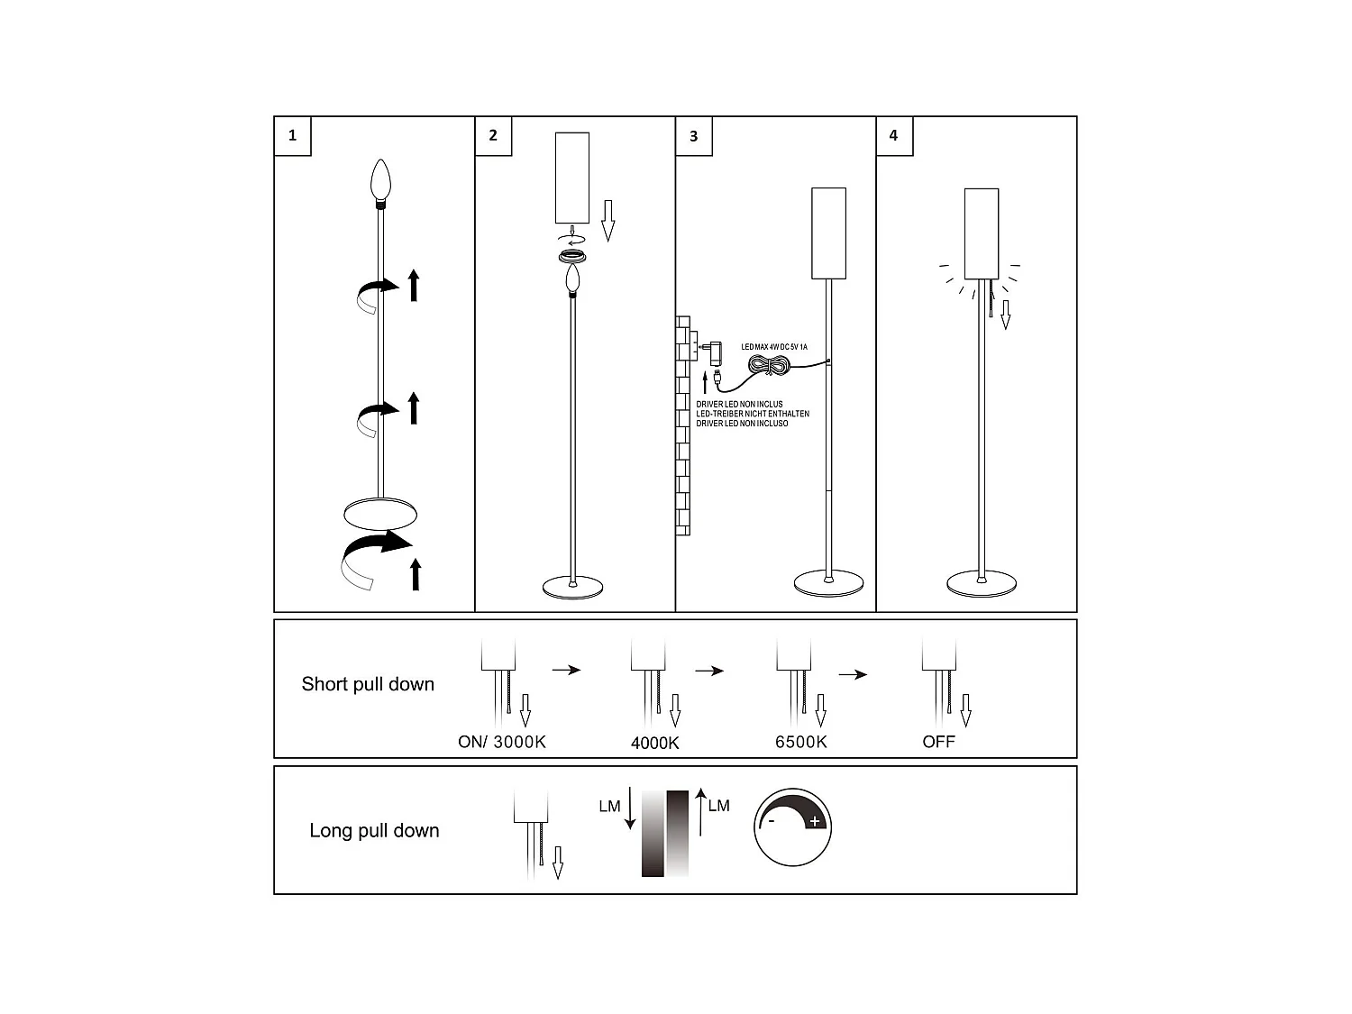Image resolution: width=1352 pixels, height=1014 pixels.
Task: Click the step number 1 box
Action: coord(292,136)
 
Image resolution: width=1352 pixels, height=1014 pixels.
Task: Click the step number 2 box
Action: coord(493,136)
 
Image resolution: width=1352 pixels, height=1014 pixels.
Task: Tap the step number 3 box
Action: coord(693,136)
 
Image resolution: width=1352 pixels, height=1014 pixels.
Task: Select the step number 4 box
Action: coord(893,136)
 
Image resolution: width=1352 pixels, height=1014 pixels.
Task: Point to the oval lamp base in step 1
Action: coord(381,514)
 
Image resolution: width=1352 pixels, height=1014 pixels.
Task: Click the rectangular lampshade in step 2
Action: coord(572,178)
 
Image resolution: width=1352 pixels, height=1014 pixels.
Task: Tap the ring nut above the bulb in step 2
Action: coord(572,256)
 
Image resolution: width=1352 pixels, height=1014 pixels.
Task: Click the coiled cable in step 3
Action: coord(770,365)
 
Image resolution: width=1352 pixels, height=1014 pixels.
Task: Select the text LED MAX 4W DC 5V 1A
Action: coord(774,346)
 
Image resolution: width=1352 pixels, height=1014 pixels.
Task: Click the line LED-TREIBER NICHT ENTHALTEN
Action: coord(753,414)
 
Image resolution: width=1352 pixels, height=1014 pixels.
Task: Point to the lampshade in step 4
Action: coord(982,233)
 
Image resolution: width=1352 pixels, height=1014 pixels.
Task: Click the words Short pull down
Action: coord(368,684)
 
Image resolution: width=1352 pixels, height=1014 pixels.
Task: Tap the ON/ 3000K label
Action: coord(502,742)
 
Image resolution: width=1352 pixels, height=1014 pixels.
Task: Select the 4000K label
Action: coord(655,743)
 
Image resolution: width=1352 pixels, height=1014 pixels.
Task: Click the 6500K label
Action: coord(801,742)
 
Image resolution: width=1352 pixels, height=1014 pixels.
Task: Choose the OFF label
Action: coord(938,742)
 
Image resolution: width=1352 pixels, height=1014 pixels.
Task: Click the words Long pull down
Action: coord(374,830)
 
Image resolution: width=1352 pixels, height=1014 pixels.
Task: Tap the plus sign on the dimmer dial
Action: coord(815,821)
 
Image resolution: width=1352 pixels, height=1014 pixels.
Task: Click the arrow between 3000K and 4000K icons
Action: coord(567,670)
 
